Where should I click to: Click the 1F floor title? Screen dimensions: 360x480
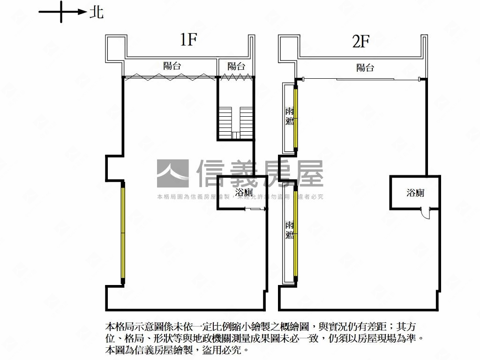[188, 40]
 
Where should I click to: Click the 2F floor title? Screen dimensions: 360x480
[361, 42]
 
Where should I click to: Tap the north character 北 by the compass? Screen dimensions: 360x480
[97, 13]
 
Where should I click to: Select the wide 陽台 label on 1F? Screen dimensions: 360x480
[172, 66]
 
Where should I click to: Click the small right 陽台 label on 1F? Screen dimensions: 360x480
[236, 66]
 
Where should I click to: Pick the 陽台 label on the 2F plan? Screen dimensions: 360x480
[365, 67]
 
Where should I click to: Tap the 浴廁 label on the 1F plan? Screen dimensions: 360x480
[244, 193]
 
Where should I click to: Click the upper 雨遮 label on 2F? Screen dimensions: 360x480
[290, 116]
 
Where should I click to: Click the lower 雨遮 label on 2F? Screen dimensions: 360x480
[290, 230]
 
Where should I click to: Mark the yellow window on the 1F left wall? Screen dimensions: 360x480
[123, 232]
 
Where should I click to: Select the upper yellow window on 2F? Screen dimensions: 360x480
[296, 117]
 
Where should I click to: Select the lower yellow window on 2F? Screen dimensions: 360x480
[296, 233]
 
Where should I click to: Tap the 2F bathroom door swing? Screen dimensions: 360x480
[426, 213]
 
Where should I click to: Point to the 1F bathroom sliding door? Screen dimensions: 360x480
[257, 209]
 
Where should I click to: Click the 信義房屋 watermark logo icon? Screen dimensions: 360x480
[172, 173]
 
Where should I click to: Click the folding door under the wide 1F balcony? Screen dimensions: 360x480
[170, 77]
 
